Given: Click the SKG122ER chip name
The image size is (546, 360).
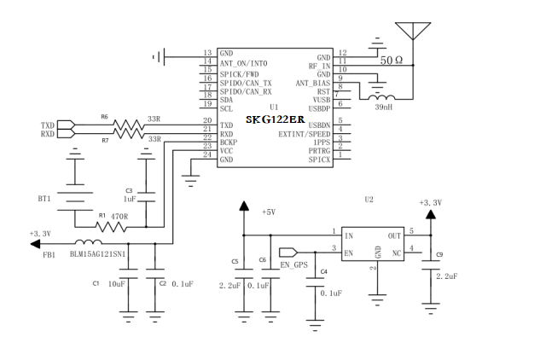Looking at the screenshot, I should (274, 119).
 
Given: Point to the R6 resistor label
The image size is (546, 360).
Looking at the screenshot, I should (104, 116).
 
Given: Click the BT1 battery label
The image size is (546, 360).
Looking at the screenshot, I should (44, 198).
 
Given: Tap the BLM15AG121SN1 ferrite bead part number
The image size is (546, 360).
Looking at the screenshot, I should (99, 254).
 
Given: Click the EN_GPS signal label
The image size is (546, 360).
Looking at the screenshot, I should (293, 264).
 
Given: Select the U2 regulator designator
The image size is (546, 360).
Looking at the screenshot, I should (369, 199).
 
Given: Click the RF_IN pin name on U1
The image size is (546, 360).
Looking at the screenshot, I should (319, 66).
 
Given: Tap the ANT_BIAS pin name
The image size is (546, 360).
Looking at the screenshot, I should (313, 83).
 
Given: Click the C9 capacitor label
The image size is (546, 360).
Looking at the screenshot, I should (439, 254).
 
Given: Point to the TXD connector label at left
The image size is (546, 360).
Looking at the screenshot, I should (48, 125).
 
